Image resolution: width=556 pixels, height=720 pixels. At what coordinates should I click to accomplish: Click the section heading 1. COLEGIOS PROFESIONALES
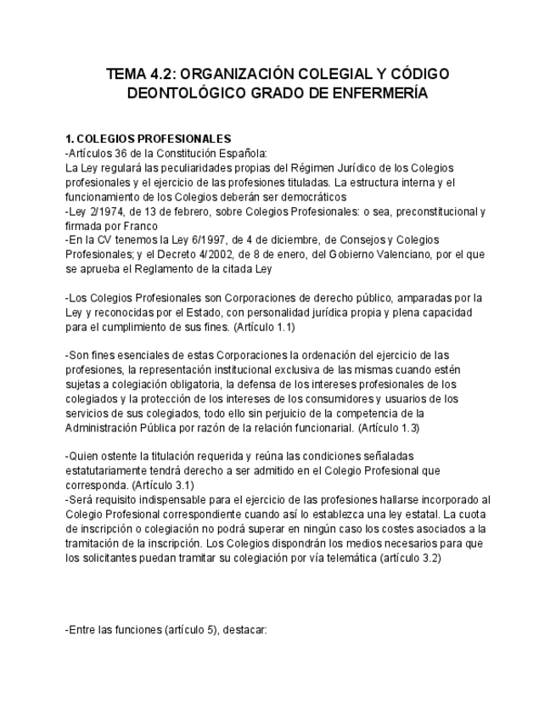(x=148, y=138)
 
